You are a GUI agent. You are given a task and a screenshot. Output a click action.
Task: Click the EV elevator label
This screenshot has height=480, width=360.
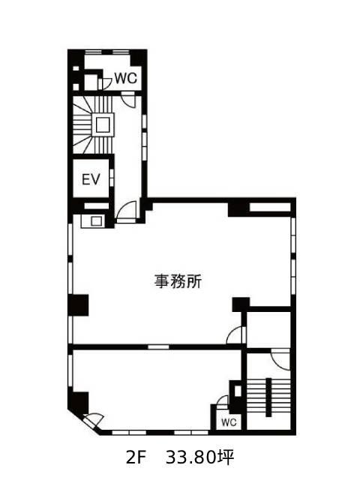point(91,179)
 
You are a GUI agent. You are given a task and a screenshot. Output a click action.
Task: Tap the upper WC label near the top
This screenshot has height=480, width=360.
point(126,78)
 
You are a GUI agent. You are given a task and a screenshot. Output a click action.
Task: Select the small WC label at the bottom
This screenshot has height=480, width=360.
point(229,422)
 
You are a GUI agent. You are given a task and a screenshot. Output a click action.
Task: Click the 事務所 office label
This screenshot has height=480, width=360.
point(178,281)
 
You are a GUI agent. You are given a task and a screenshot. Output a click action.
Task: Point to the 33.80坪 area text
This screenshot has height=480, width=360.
point(200,457)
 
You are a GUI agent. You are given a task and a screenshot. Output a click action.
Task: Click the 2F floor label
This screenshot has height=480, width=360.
point(135,458)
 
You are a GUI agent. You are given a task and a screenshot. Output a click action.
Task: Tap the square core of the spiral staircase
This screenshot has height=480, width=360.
point(103,124)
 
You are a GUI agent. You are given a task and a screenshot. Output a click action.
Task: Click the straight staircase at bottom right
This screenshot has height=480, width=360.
point(268,397)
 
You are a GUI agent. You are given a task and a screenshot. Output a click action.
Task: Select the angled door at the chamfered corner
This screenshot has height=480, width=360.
point(92,420)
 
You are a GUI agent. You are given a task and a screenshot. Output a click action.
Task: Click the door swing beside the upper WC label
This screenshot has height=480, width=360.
point(105,83)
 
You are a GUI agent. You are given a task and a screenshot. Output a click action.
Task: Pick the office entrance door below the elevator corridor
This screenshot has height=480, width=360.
point(127,212)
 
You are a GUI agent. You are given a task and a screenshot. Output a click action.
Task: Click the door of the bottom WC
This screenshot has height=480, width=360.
point(222,402)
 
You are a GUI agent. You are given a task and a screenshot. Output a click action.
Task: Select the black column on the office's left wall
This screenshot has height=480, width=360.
point(78,305)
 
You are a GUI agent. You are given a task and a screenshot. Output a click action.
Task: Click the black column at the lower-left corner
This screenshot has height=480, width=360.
point(78,403)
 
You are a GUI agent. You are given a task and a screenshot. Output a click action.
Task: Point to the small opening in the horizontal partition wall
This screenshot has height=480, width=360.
point(158,346)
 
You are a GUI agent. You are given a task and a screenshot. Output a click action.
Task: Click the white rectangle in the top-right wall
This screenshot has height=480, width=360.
point(270,207)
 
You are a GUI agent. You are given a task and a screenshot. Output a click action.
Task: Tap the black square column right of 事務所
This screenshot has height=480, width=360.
point(241,304)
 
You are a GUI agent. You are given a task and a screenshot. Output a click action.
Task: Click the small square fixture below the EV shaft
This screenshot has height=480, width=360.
point(96,221)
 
